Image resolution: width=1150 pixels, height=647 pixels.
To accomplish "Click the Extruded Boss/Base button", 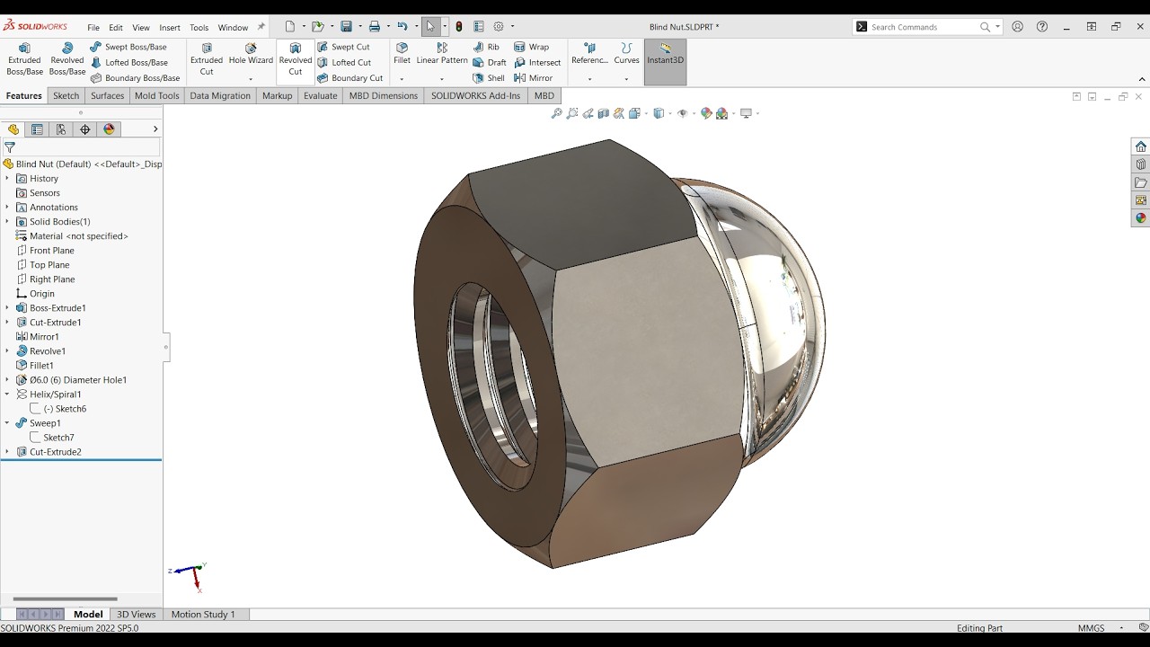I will [24, 59].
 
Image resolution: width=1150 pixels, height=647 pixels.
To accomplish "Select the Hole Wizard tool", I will [251, 54].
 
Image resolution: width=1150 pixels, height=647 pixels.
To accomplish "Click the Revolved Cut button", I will [295, 59].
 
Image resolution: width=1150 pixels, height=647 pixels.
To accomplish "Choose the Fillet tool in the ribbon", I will [402, 54].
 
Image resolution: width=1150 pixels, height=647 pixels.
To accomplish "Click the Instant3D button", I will [665, 54].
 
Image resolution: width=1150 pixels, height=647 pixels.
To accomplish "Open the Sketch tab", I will [66, 95].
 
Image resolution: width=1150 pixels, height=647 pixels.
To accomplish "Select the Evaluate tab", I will [320, 95].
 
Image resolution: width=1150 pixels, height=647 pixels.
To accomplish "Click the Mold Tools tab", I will [156, 95].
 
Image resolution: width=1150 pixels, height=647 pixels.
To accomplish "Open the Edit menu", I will [116, 27].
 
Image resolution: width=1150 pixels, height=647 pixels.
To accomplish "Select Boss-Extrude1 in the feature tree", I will [57, 308].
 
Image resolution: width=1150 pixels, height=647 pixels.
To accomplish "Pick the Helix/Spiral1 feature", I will [55, 394].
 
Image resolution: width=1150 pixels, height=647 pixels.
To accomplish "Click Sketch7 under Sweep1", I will [58, 438].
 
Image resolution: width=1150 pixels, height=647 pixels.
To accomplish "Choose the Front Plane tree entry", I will [51, 251].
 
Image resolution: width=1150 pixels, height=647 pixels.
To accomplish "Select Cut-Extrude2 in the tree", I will [55, 452].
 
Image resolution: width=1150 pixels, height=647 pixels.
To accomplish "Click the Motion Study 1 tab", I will [203, 615].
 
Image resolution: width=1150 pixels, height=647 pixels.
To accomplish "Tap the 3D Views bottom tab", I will [137, 615].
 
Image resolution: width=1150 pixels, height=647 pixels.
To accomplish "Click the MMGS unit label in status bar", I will [1092, 628].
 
